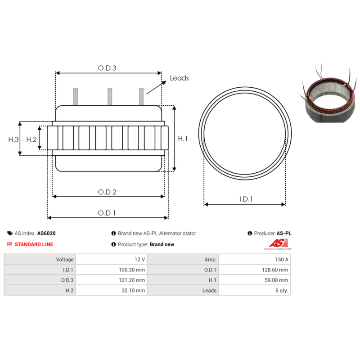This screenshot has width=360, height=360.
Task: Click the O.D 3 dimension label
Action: coord(108,68)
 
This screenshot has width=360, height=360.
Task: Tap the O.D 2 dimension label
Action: coord(108,192)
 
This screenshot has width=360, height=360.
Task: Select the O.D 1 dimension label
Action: coord(108,213)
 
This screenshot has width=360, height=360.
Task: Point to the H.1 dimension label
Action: coord(183,139)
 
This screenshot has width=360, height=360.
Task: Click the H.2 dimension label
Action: coord(31,139)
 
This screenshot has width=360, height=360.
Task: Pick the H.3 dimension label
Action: coord(13,139)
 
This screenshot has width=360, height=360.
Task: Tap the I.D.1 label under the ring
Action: coord(245,199)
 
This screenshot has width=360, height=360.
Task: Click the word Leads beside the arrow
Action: coord(179,78)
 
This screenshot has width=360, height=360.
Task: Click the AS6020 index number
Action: coord(46,234)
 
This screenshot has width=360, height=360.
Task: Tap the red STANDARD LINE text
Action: coord(34,244)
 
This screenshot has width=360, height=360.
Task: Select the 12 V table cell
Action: coord(139,259)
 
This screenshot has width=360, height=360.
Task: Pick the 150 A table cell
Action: coord(282,259)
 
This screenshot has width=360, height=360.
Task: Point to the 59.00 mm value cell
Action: coord(278,280)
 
